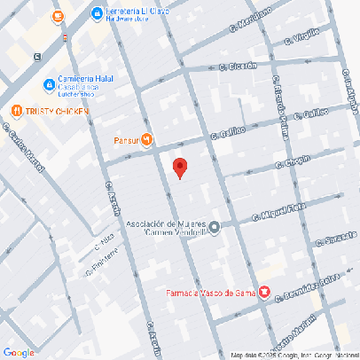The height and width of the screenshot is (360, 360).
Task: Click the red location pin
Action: (x=180, y=168)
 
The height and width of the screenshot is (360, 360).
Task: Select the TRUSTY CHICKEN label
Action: (x=51, y=111)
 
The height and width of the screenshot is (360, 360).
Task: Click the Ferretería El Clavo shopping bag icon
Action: (x=97, y=12)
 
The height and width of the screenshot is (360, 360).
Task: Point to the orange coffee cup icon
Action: (x=58, y=15)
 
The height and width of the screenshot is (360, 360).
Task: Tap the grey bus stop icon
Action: (x=36, y=56)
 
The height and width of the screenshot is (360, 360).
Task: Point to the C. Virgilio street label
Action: (x=301, y=37)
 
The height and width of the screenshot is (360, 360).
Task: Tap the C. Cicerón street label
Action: (x=238, y=66)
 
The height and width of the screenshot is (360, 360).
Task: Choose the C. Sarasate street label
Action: (x=333, y=239)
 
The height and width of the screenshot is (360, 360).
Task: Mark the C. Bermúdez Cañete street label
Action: (x=308, y=290)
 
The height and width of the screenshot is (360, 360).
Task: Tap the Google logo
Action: (x=19, y=352)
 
